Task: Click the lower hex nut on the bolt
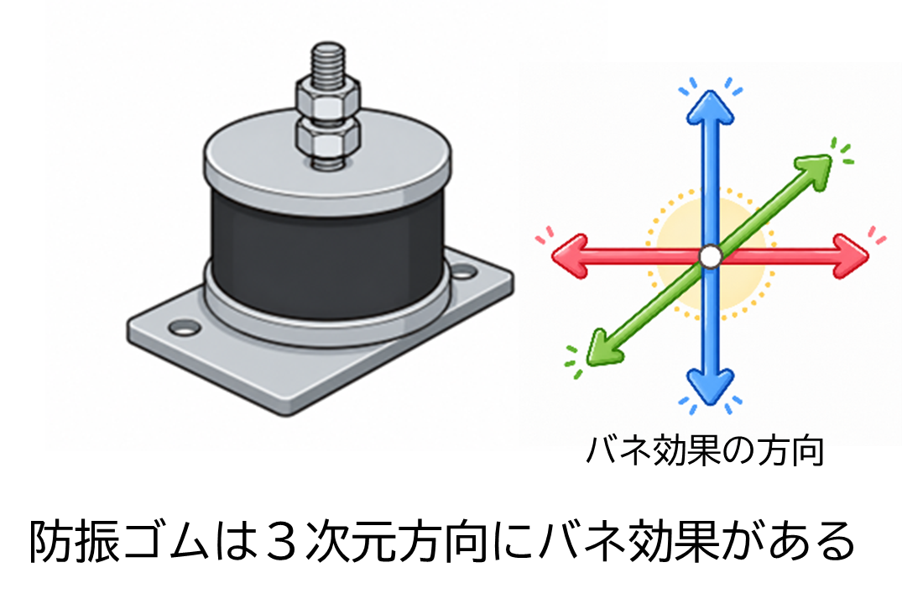(x=328, y=140)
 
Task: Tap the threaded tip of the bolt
(x=328, y=60)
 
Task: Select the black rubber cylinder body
(x=327, y=254)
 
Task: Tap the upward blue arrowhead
(x=711, y=108)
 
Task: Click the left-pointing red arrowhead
(x=570, y=256)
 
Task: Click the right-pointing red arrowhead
(x=851, y=256)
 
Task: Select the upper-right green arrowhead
(x=814, y=170)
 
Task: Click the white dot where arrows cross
(x=711, y=256)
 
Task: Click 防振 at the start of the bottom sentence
(x=74, y=542)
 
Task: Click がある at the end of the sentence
(x=788, y=542)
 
